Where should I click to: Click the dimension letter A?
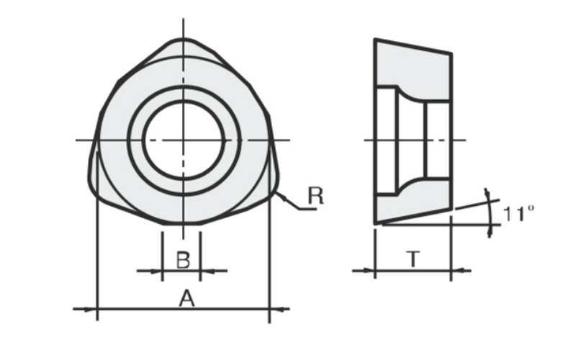(186, 298)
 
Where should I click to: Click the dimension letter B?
(184, 260)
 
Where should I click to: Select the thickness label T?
(413, 259)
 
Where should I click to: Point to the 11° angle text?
(518, 213)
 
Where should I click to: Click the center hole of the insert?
(184, 140)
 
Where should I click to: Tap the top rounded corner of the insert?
(184, 40)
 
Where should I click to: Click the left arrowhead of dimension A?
(91, 310)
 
